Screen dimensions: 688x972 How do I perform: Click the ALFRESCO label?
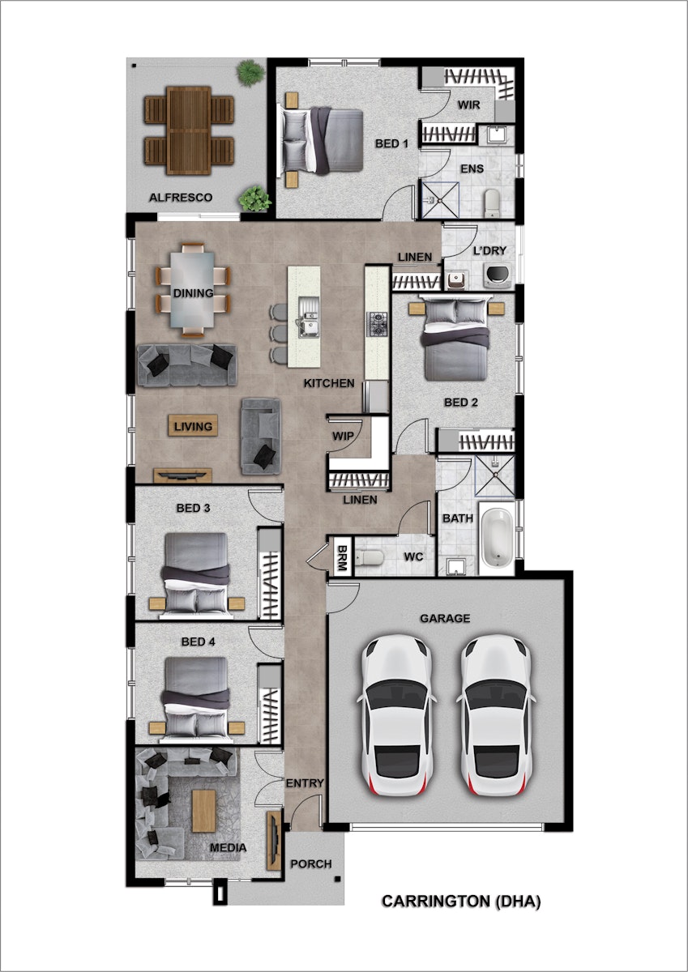click(x=181, y=198)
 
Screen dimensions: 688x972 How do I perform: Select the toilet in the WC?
click(x=369, y=557)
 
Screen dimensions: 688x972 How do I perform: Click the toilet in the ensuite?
click(x=492, y=203)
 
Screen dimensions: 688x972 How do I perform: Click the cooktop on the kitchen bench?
click(x=376, y=325)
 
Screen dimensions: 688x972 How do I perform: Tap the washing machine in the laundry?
click(x=498, y=275)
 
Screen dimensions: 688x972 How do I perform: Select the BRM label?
click(x=342, y=557)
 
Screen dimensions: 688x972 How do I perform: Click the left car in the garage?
click(x=396, y=716)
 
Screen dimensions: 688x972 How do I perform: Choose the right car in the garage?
click(x=495, y=716)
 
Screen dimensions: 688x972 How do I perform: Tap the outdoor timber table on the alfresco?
click(x=188, y=130)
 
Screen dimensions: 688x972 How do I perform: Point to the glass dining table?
click(x=192, y=290)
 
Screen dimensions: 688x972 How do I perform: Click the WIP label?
click(x=343, y=436)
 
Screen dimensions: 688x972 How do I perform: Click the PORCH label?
click(x=311, y=864)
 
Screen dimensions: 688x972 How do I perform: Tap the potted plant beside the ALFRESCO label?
click(x=254, y=199)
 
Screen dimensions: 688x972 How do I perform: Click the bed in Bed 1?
click(x=323, y=140)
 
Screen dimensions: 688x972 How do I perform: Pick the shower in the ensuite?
click(x=440, y=200)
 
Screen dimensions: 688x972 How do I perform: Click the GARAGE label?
click(x=445, y=618)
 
